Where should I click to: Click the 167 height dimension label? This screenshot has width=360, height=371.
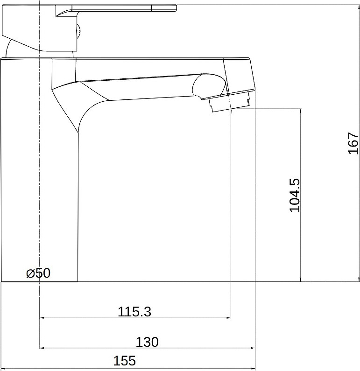(353, 143)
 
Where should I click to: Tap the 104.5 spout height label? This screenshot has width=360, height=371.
(295, 196)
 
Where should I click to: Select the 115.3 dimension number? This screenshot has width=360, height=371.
(134, 312)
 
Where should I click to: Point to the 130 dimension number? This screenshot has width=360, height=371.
(147, 342)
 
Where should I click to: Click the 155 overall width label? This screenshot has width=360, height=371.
(125, 361)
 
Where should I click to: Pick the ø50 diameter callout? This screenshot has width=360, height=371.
(38, 273)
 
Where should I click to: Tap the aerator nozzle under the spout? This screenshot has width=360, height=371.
(229, 102)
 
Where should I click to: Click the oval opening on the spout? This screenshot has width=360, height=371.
(209, 86)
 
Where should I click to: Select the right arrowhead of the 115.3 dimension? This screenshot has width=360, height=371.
(229, 318)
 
